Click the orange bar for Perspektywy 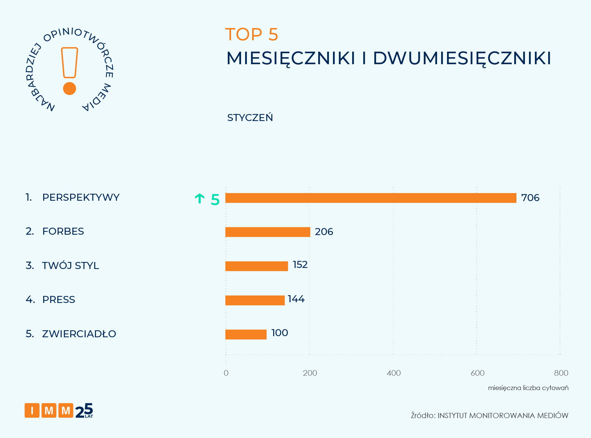click(371, 198)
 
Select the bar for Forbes click(268, 232)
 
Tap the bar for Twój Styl click(257, 266)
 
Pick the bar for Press click(255, 300)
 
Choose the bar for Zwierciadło click(246, 334)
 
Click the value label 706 click(530, 198)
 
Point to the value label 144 click(296, 299)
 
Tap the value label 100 click(279, 333)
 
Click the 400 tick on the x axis click(394, 373)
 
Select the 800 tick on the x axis click(561, 373)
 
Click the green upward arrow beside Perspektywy click(199, 199)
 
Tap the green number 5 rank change click(215, 200)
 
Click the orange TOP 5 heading click(251, 35)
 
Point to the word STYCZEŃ click(250, 117)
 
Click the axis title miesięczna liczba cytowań click(528, 388)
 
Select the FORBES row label click(63, 231)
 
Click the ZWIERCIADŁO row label click(79, 334)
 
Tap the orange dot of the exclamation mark click(69, 89)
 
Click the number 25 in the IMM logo click(84, 410)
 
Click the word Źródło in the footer click(423, 415)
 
